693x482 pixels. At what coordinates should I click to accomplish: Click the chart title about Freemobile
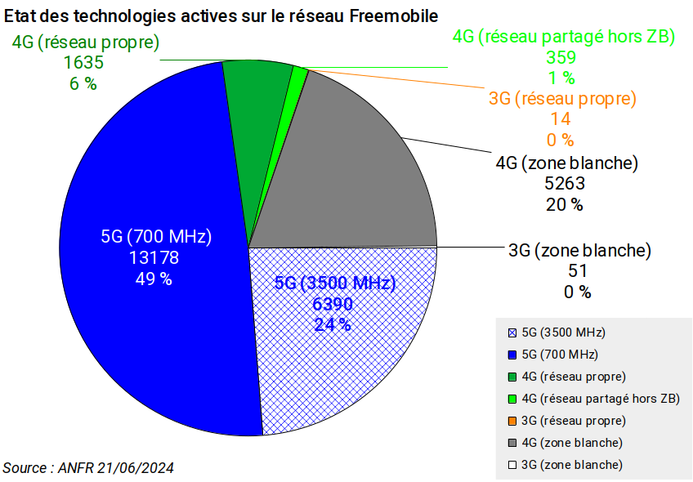221,16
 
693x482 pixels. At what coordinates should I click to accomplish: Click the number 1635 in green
83,62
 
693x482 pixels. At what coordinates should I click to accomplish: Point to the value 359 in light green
561,57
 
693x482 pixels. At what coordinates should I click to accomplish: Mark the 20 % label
565,205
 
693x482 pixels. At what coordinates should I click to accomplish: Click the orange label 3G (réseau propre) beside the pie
561,99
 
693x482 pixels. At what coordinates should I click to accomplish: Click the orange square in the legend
512,421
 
